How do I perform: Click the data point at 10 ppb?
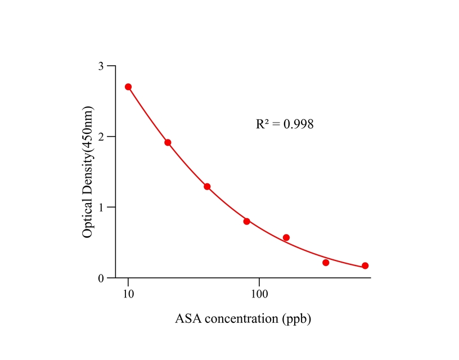pyautogui.click(x=128, y=87)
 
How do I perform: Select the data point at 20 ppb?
pyautogui.click(x=168, y=142)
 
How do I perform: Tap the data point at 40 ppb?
pyautogui.click(x=207, y=186)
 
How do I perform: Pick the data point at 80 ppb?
pyautogui.click(x=246, y=221)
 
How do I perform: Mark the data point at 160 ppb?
pyautogui.click(x=286, y=237)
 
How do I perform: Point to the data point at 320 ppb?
pyautogui.click(x=326, y=263)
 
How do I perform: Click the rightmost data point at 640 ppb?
pyautogui.click(x=365, y=265)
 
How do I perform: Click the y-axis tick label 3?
pyautogui.click(x=101, y=66)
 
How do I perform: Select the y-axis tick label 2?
pyautogui.click(x=101, y=137)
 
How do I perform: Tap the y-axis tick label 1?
pyautogui.click(x=101, y=208)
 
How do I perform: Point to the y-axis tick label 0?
pyautogui.click(x=101, y=278)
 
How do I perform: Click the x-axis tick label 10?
pyautogui.click(x=128, y=294)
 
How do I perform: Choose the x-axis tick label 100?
pyautogui.click(x=259, y=294)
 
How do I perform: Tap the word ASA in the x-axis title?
pyautogui.click(x=188, y=319)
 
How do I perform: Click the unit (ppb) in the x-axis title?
pyautogui.click(x=296, y=319)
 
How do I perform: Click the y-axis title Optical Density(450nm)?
pyautogui.click(x=88, y=172)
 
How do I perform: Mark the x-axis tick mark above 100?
pyautogui.click(x=259, y=281)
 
